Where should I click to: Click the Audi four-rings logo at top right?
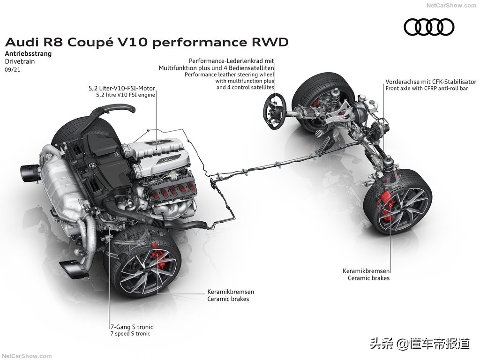(x=429, y=27)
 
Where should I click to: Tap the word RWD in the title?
(x=269, y=42)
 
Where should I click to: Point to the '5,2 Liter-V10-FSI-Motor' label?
(x=121, y=88)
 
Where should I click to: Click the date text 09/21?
(x=13, y=69)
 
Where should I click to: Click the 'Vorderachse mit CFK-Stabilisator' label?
(x=430, y=81)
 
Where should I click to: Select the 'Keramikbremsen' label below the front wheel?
(x=367, y=270)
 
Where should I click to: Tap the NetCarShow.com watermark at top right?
(x=451, y=6)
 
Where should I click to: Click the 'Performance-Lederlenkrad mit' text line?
(x=231, y=61)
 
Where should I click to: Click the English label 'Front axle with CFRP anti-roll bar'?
(x=427, y=88)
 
